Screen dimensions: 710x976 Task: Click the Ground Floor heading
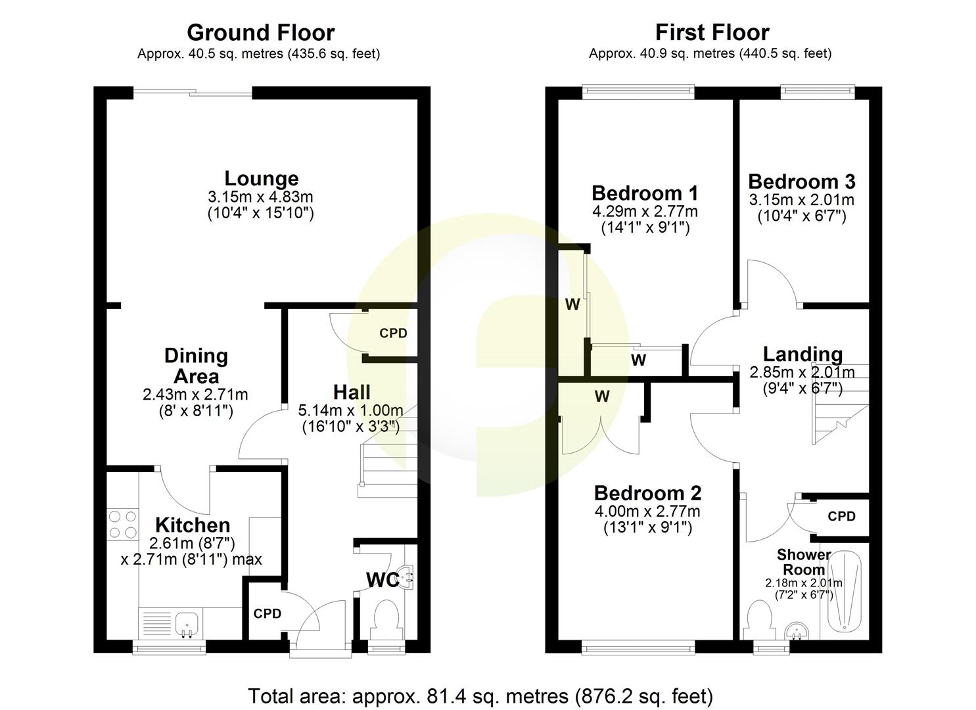(260, 32)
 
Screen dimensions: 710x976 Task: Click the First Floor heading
(712, 32)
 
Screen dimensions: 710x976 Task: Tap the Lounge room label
(261, 178)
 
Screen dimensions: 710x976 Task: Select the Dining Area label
(196, 366)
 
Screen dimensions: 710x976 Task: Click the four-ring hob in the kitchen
(123, 524)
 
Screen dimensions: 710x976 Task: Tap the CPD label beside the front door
(267, 613)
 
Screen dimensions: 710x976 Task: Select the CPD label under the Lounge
(393, 333)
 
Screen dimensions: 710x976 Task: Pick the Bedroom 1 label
(645, 193)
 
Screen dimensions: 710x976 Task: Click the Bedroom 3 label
(801, 181)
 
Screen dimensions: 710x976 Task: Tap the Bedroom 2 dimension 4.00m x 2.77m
(647, 511)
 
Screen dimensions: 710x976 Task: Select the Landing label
(802, 354)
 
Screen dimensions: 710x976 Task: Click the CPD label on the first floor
(841, 516)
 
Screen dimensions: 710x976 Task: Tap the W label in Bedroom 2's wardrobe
(602, 396)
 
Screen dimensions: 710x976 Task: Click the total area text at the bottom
(480, 696)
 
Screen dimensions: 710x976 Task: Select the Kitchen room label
(193, 525)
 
